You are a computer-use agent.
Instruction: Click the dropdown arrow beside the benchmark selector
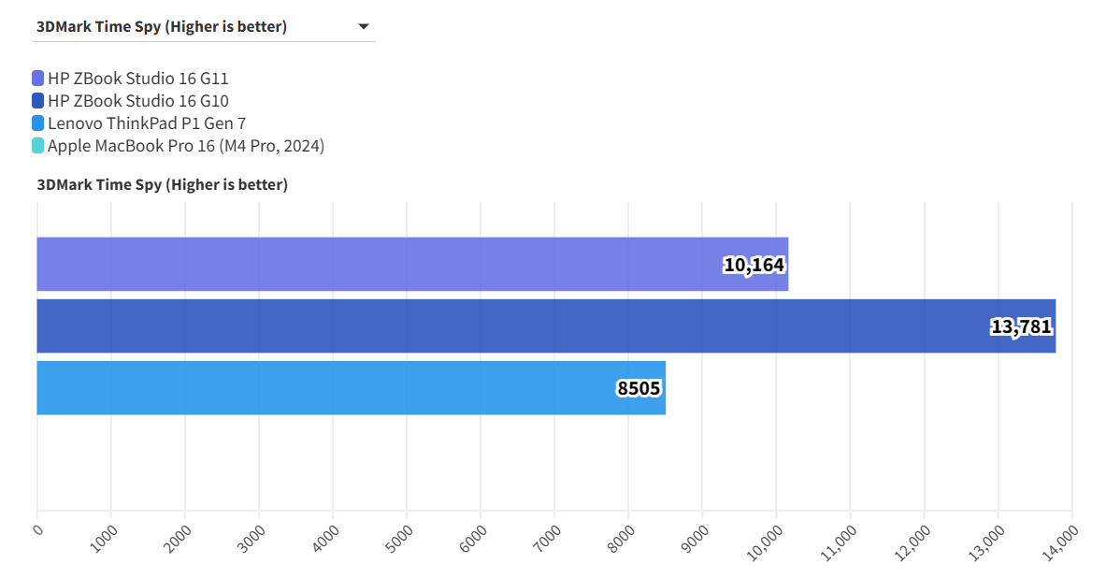click(x=364, y=27)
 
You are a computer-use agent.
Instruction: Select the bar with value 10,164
click(x=411, y=264)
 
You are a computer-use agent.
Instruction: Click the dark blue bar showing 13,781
click(x=545, y=326)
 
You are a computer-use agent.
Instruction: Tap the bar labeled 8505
click(x=351, y=388)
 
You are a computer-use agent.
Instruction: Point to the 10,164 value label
click(x=754, y=266)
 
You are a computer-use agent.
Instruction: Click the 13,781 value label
click(x=1021, y=327)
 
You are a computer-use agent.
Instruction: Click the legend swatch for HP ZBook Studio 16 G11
click(x=37, y=79)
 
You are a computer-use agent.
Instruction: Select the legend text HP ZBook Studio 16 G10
click(x=138, y=101)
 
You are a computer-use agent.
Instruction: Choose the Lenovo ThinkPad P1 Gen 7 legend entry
click(x=147, y=123)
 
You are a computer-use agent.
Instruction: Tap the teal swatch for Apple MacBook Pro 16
click(x=37, y=146)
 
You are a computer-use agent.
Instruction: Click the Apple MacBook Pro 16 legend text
click(x=186, y=146)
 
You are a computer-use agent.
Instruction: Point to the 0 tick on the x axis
click(x=38, y=530)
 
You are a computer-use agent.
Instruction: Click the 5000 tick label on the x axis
click(x=400, y=535)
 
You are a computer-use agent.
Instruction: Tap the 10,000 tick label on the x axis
click(x=764, y=541)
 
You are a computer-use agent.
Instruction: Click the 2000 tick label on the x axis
click(x=179, y=535)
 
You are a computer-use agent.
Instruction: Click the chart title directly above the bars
click(x=163, y=185)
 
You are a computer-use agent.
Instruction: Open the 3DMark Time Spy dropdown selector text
click(x=162, y=27)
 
